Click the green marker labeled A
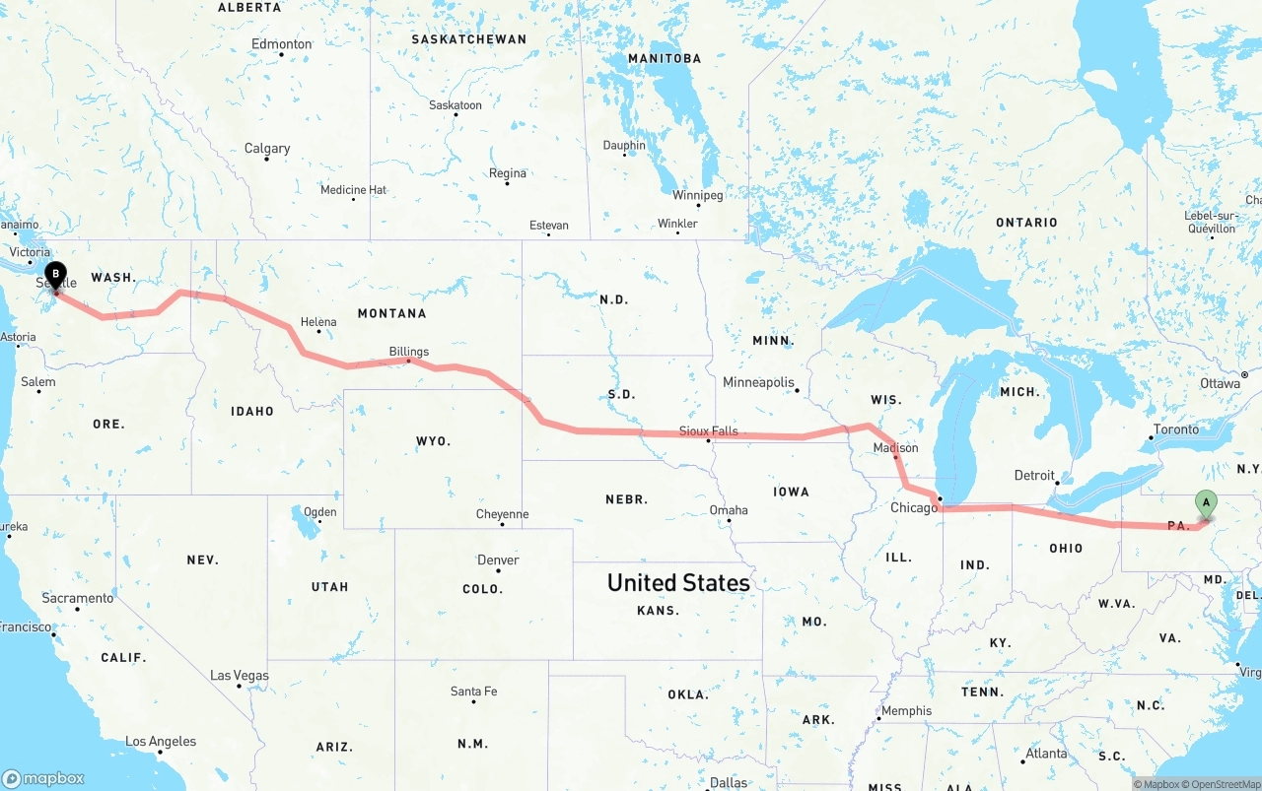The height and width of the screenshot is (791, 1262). pos(1205,503)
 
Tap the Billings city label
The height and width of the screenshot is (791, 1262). pos(409,352)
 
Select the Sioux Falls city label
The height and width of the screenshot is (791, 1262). pos(708,431)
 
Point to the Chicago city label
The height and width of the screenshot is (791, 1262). pos(914,508)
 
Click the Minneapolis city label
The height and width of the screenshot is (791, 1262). pos(758,382)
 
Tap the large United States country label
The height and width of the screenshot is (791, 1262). pos(678,583)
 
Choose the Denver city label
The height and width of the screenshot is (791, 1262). pos(498,560)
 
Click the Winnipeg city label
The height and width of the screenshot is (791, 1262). pos(697,195)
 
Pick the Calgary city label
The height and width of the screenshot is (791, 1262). pos(267,149)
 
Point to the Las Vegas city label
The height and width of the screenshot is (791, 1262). pos(240,676)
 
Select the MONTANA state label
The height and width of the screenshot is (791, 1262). pos(391,313)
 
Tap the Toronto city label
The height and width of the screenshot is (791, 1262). pos(1176,429)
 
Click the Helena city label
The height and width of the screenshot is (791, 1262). pos(318,322)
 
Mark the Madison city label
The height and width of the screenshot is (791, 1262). pos(895,448)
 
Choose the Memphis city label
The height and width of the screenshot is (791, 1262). pos(906,711)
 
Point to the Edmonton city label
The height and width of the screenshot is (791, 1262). pos(282,44)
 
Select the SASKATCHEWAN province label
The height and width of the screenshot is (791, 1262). pos(468,39)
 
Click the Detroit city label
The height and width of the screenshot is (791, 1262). pos(1034,476)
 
